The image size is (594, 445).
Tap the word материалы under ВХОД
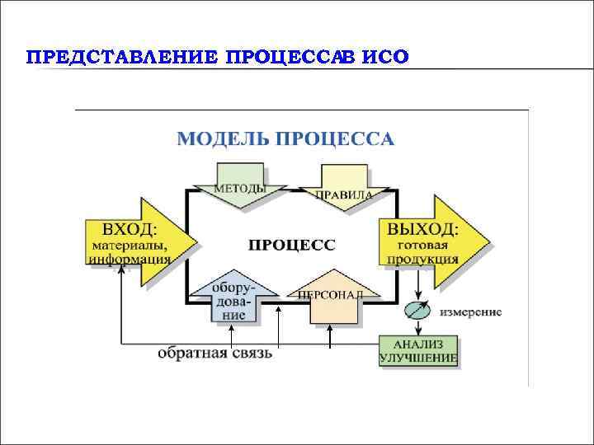click(x=129, y=245)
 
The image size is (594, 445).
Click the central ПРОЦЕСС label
click(x=292, y=244)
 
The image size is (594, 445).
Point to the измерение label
click(x=470, y=313)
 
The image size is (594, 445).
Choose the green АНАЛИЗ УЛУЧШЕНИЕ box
click(x=419, y=350)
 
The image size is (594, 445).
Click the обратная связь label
click(x=214, y=354)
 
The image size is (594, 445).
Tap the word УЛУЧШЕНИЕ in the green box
click(x=419, y=358)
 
